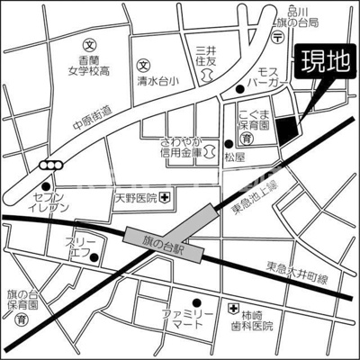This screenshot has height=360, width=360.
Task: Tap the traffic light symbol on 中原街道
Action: (52, 165)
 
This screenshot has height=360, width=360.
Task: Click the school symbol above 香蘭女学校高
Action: (88, 43)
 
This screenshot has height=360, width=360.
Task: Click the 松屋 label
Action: (235, 157)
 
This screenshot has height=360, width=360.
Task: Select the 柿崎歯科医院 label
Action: (260, 322)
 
